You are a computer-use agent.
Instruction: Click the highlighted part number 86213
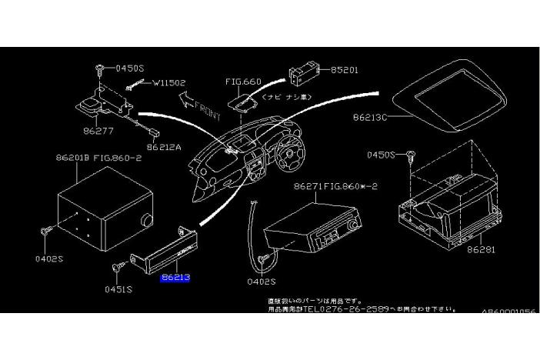pyautogui.click(x=175, y=278)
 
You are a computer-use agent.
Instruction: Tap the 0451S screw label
pyautogui.click(x=119, y=290)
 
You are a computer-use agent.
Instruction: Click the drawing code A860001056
pyautogui.click(x=509, y=312)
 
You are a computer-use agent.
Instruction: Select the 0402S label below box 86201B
pyautogui.click(x=49, y=258)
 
